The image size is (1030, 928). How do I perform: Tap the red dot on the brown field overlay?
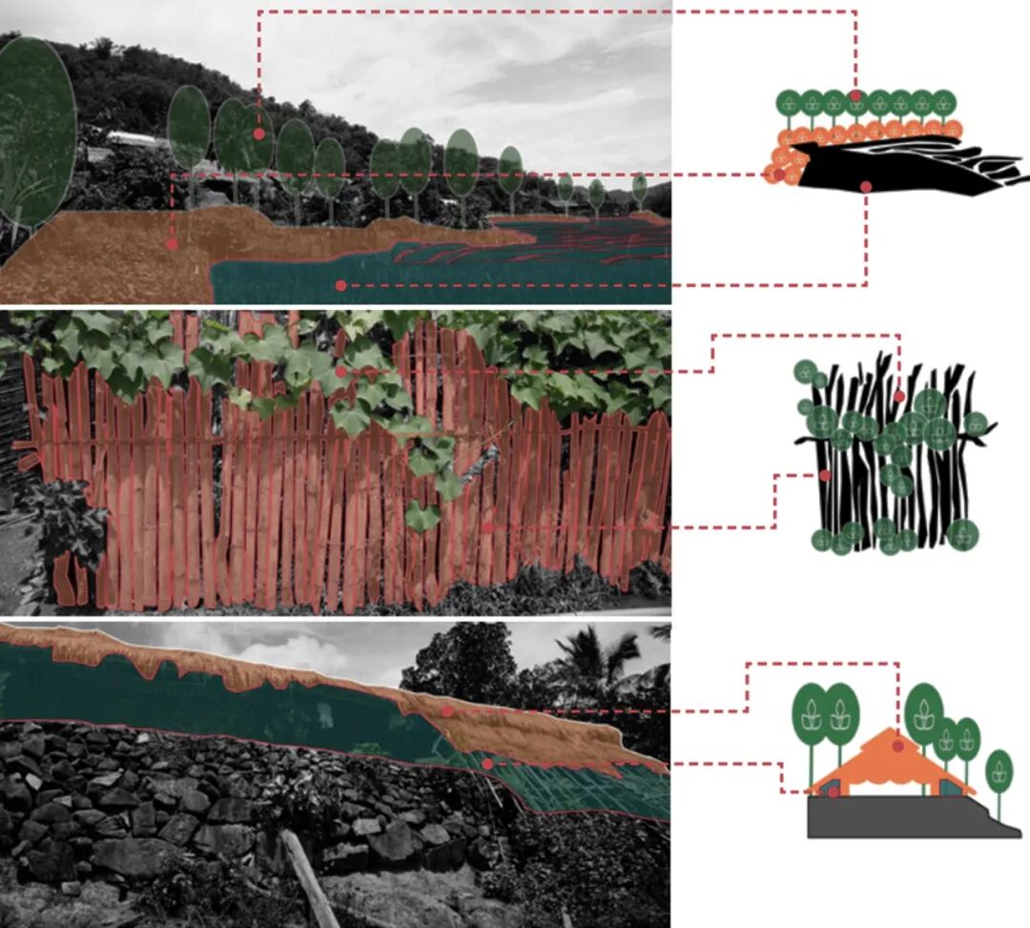coord(172,244)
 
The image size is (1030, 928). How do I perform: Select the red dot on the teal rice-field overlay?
coord(340,285)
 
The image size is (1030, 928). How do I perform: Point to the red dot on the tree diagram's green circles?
coord(856,95)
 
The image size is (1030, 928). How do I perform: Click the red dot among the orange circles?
coord(779,175)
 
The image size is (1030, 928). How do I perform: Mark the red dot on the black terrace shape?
coord(865,187)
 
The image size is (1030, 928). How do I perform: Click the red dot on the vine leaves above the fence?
coord(340,371)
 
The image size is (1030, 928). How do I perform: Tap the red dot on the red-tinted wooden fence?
coord(487,526)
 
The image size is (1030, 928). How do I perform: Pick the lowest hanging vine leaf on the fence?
coord(422,516)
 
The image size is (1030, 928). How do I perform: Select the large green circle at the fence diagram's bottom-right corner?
coord(963,534)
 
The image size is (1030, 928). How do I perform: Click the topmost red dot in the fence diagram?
coord(898,396)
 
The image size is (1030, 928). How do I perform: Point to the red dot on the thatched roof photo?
coord(446,711)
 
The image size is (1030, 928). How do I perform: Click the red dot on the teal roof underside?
coord(487,763)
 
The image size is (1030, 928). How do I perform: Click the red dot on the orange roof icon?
coord(897,747)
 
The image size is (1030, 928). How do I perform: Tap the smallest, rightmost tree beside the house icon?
coord(999,771)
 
